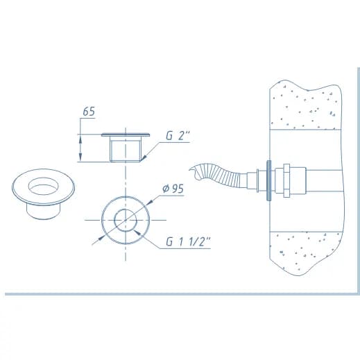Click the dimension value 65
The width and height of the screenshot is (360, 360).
tap(89, 112)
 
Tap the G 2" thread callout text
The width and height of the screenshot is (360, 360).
tap(178, 135)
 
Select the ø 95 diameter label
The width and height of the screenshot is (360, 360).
tap(173, 189)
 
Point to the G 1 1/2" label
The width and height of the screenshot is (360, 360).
tap(188, 242)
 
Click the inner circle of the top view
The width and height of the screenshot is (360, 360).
tap(114, 221)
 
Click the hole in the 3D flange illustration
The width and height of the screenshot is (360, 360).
tap(43, 186)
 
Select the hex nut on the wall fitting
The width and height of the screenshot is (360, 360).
tap(286, 181)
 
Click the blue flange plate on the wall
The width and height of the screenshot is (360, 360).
tap(268, 180)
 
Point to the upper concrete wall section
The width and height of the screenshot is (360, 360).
tap(306, 106)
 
